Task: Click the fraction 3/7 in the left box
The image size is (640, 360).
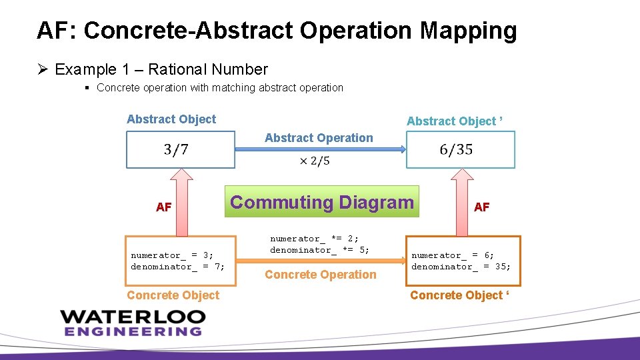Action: click(x=176, y=149)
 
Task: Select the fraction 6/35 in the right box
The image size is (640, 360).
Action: click(x=456, y=149)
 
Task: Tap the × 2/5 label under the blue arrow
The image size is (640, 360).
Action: click(x=314, y=161)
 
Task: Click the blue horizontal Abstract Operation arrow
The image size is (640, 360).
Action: click(x=321, y=150)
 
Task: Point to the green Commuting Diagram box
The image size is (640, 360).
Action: click(x=322, y=202)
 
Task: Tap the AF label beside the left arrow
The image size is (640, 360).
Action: click(x=164, y=207)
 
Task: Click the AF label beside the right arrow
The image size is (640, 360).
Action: click(x=481, y=207)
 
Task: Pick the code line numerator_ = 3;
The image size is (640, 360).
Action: click(x=172, y=255)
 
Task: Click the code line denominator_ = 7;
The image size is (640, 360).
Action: click(x=177, y=267)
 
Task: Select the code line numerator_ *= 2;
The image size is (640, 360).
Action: click(x=314, y=239)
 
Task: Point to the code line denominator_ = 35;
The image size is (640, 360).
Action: click(x=461, y=267)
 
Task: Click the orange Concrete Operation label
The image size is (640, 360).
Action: click(x=321, y=275)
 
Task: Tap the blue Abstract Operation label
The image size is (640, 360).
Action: click(x=319, y=138)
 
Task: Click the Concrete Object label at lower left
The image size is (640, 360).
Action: click(x=173, y=295)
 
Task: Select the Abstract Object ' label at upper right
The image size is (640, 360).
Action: click(x=455, y=121)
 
